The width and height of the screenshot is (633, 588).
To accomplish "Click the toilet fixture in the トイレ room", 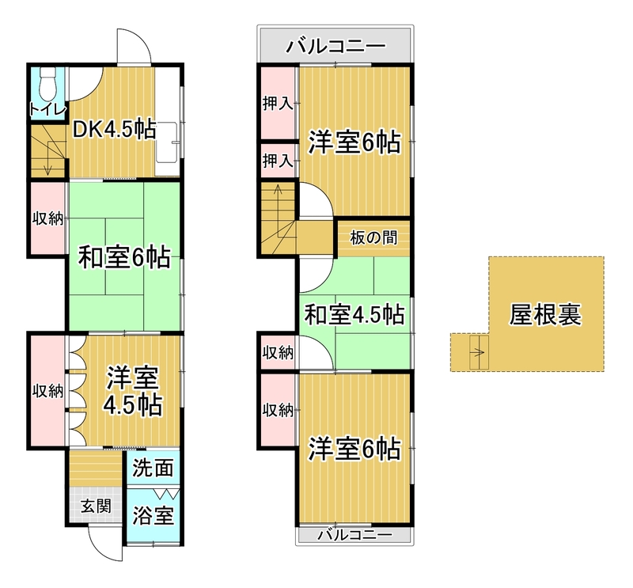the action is pyautogui.click(x=48, y=84).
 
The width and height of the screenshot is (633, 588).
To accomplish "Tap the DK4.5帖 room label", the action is pyautogui.click(x=113, y=130).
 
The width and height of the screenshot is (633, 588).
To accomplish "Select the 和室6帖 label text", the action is pyautogui.click(x=124, y=258).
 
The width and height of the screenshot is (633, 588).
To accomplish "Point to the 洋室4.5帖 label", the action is pyautogui.click(x=133, y=391).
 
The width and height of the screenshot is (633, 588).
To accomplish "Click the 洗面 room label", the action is pyautogui.click(x=153, y=469).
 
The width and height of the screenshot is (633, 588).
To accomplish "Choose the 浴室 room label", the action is pyautogui.click(x=153, y=515).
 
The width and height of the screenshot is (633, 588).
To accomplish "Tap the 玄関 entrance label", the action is pyautogui.click(x=96, y=506).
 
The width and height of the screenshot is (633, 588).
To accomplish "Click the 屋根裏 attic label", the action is pyautogui.click(x=545, y=314).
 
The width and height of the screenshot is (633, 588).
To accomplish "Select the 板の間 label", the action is pyautogui.click(x=373, y=237).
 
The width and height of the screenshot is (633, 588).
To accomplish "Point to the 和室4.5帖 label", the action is pyautogui.click(x=354, y=315).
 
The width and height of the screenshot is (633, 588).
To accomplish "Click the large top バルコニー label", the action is pyautogui.click(x=335, y=46).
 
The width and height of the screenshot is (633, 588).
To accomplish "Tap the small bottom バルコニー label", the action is pyautogui.click(x=354, y=536).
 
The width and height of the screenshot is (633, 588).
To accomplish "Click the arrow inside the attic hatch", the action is pyautogui.click(x=478, y=352).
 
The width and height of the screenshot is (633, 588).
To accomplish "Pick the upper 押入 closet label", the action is pyautogui.click(x=278, y=104).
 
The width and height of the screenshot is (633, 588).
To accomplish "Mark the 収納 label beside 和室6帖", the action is pyautogui.click(x=47, y=219).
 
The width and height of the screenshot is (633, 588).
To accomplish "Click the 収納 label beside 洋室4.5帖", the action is pyautogui.click(x=47, y=391).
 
